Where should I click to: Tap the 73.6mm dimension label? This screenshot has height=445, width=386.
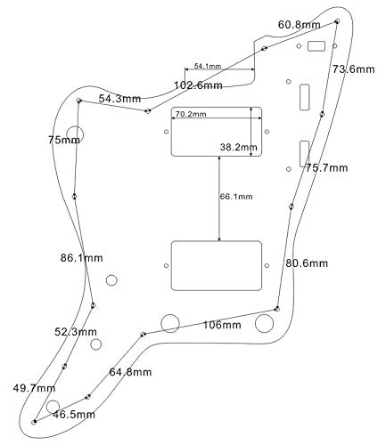click(353, 69)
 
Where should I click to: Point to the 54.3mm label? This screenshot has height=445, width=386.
click(119, 98)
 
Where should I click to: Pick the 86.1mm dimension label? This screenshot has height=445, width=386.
click(81, 258)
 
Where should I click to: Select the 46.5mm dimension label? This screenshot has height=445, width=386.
click(73, 415)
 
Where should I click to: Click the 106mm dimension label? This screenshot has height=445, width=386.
click(221, 325)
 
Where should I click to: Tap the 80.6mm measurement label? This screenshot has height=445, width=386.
click(307, 263)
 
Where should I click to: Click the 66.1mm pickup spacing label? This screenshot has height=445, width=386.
click(235, 197)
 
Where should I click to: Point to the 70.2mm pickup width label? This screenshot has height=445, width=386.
click(190, 115)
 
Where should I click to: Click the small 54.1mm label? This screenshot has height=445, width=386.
click(197, 66)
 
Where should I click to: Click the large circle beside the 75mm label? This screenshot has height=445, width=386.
click(75, 135)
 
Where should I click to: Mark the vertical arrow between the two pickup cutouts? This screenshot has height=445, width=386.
click(219, 198)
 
